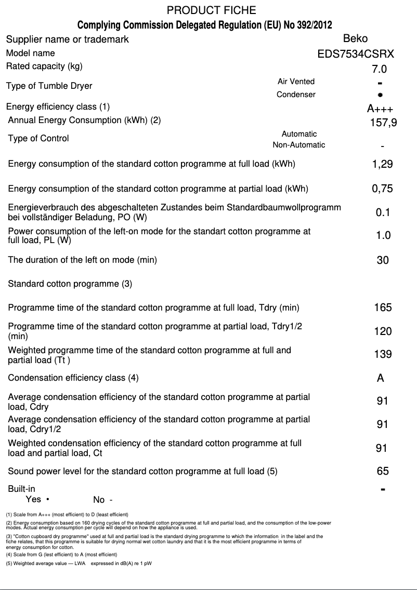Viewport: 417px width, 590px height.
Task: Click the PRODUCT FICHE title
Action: point(211,10)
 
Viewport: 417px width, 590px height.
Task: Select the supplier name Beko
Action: point(356,38)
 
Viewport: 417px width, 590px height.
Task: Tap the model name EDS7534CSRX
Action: point(356,53)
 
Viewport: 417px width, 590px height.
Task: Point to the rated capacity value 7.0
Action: point(375,69)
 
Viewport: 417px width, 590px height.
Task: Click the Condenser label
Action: point(296,95)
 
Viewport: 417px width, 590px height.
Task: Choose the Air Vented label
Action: point(296,82)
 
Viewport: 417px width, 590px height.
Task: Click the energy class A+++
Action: point(380,109)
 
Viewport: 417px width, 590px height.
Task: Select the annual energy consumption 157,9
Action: point(383,123)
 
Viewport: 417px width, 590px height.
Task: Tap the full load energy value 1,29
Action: point(382,164)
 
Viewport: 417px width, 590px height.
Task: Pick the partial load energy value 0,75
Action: point(382,189)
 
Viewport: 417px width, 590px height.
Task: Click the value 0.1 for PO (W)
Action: point(383,212)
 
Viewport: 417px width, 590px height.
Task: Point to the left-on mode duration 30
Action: point(382,260)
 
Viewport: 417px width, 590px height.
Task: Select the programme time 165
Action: point(383,307)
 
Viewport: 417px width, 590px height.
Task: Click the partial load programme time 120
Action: point(383,331)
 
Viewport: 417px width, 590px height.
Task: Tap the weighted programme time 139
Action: point(383,354)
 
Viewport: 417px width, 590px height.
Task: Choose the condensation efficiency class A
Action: point(381,378)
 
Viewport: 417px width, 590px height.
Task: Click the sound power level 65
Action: point(383,471)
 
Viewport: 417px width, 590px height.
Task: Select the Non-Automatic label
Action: point(299,145)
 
